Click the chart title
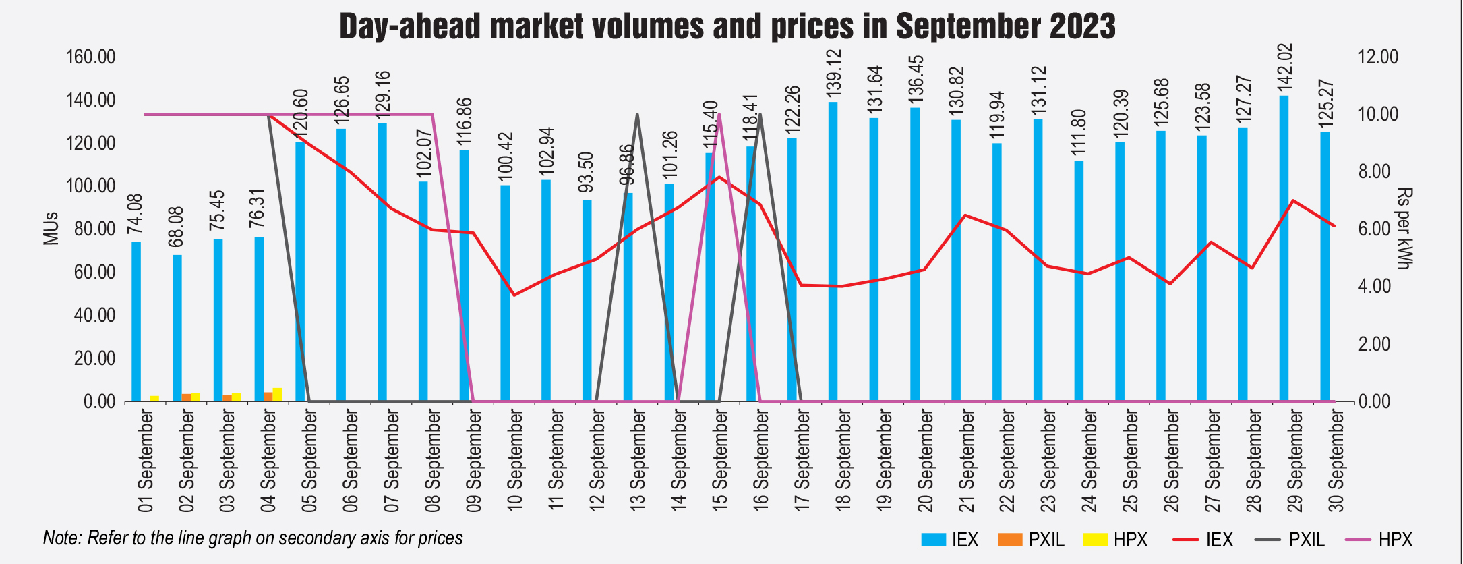tap(727, 27)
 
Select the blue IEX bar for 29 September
tap(1284, 250)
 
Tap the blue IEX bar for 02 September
tap(177, 328)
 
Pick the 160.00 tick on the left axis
tap(90, 57)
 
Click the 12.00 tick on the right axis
tap(1378, 57)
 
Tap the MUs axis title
tap(51, 229)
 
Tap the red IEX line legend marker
tap(1186, 540)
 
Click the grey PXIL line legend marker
tap(1268, 540)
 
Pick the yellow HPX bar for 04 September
tap(277, 395)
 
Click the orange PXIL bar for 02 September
tap(186, 397)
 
